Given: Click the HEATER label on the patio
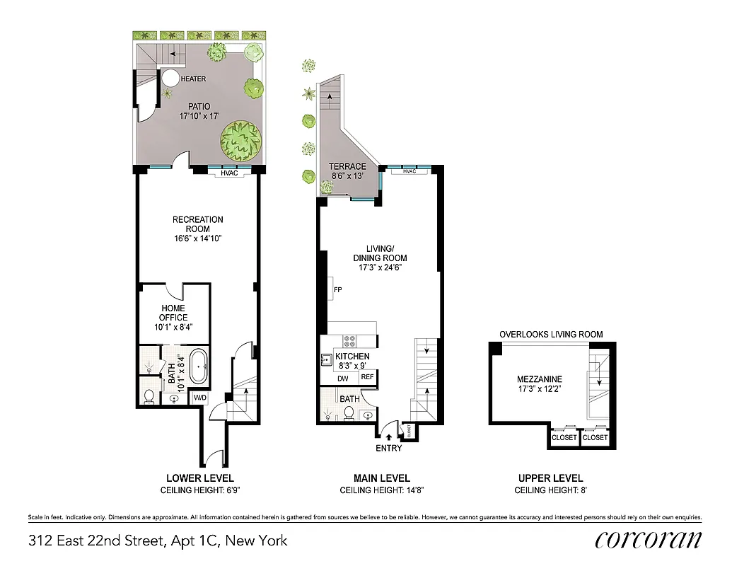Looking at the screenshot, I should coord(193,79).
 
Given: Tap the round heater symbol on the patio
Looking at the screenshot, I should coord(172,78).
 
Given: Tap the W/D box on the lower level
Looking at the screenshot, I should coord(200,397).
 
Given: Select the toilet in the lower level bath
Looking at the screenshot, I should coord(149,395).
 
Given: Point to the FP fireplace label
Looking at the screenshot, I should coord(337,289).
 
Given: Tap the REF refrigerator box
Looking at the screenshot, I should coord(368,377).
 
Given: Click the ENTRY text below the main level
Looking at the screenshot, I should coord(388,448).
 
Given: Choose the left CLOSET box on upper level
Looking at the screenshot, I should coord(564,438).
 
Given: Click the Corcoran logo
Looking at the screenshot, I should coord(649,539).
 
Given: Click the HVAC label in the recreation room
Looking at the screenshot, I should coord(228,173).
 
